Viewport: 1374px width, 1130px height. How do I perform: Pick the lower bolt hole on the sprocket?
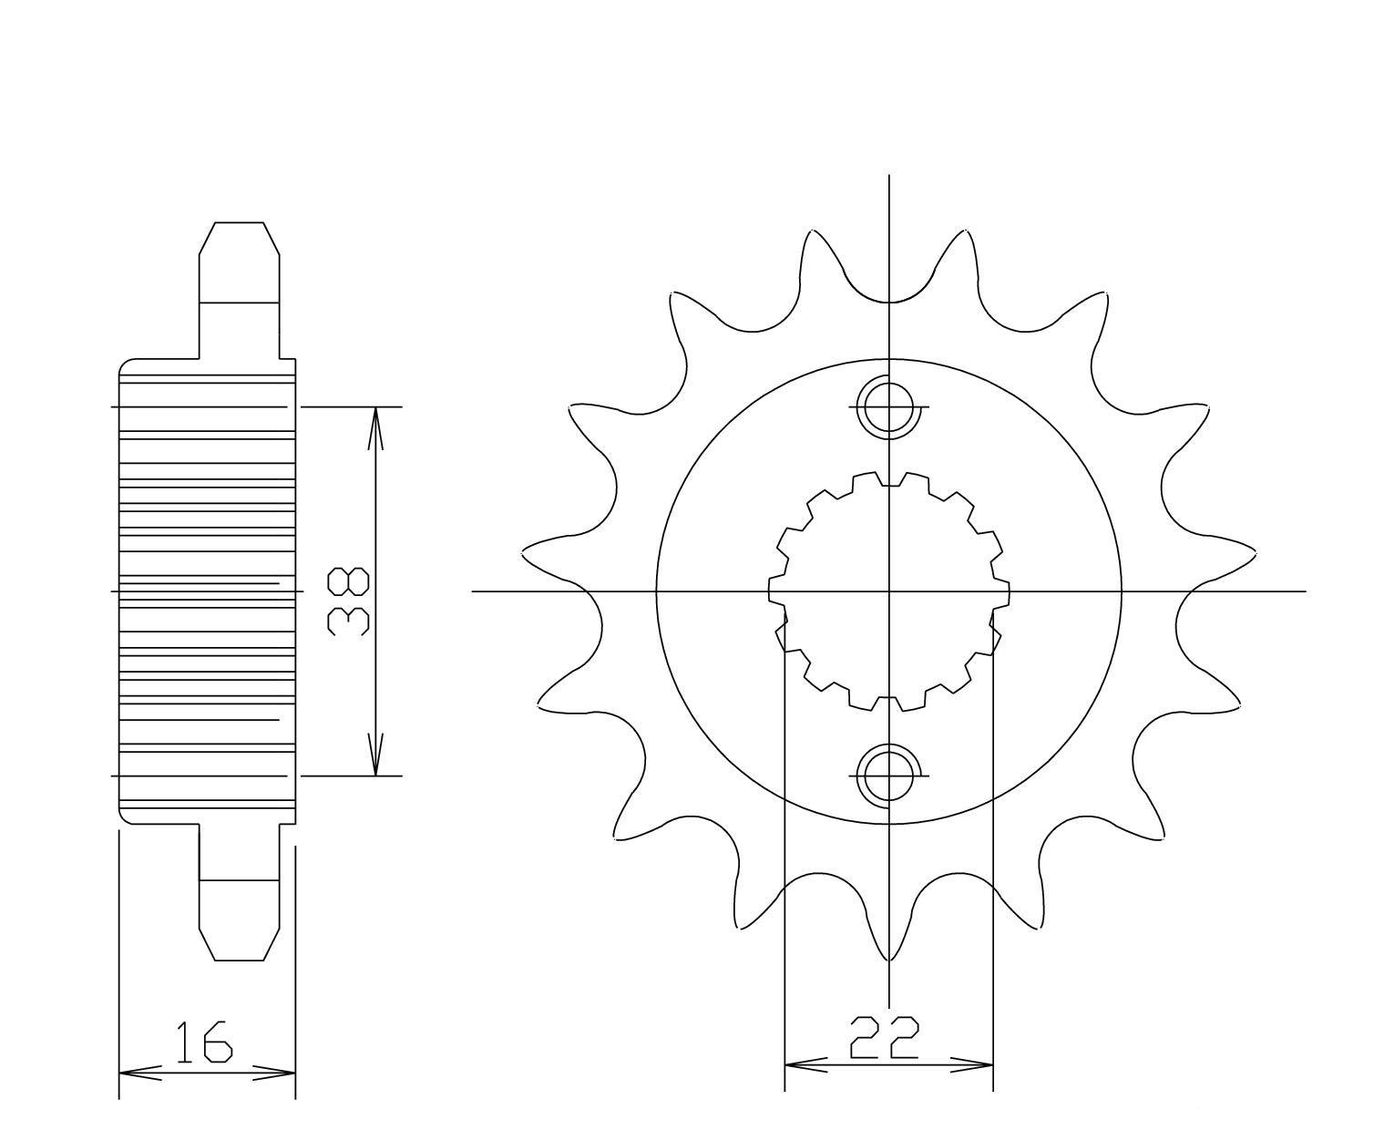tap(887, 776)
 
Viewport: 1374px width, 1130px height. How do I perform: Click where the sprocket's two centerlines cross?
tap(888, 591)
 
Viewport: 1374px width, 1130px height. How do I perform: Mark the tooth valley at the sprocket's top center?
tap(888, 301)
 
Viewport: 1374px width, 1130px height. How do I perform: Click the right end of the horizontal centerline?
tap(1304, 591)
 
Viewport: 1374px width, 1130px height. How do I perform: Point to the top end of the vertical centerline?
tap(888, 175)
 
